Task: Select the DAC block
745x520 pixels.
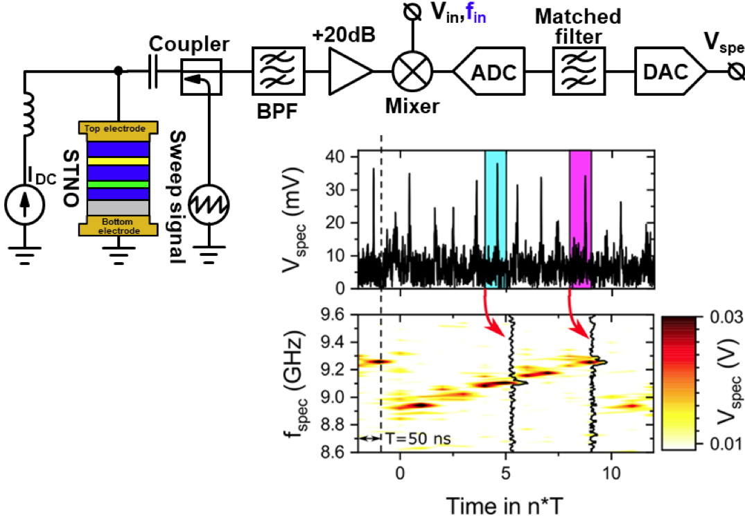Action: pos(669,71)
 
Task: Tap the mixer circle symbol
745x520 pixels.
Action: pos(412,71)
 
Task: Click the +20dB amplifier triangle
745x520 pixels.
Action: pos(349,71)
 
